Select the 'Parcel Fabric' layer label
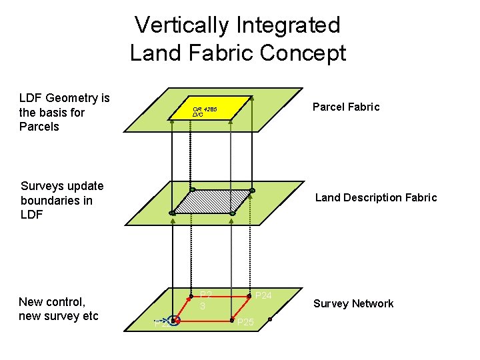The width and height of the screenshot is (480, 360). pyautogui.click(x=346, y=107)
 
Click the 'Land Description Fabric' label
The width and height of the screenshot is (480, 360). pyautogui.click(x=376, y=197)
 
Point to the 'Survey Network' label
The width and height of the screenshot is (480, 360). pyautogui.click(x=353, y=304)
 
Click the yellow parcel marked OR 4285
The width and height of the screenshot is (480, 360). pyautogui.click(x=213, y=110)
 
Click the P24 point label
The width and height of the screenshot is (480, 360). pyautogui.click(x=264, y=295)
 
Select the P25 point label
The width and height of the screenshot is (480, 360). pyautogui.click(x=245, y=323)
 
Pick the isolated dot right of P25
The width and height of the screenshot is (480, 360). pyautogui.click(x=271, y=320)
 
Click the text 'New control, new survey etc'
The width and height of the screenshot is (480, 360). pyautogui.click(x=59, y=309)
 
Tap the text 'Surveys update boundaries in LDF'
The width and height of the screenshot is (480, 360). pyautogui.click(x=62, y=200)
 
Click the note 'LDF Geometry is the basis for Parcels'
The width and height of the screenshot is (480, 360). pyautogui.click(x=65, y=112)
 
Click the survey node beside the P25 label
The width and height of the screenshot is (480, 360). pyautogui.click(x=233, y=321)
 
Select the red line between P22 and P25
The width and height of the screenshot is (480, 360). pyautogui.click(x=203, y=321)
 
